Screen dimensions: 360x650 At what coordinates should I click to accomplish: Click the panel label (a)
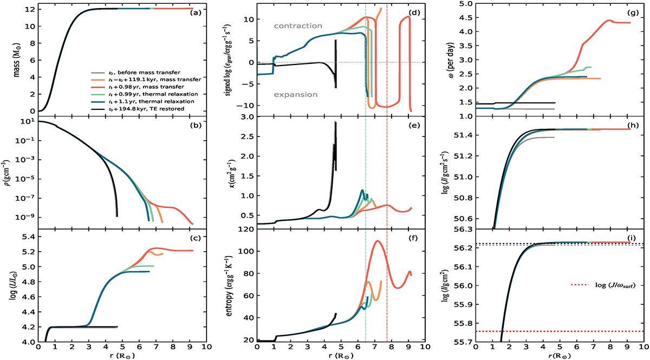194,12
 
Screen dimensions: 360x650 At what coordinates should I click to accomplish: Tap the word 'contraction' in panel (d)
297,25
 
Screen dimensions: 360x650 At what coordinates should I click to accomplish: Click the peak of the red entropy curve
378,241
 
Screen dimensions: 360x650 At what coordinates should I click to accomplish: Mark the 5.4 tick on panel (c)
25,237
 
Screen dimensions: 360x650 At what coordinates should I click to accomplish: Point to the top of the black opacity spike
336,122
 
